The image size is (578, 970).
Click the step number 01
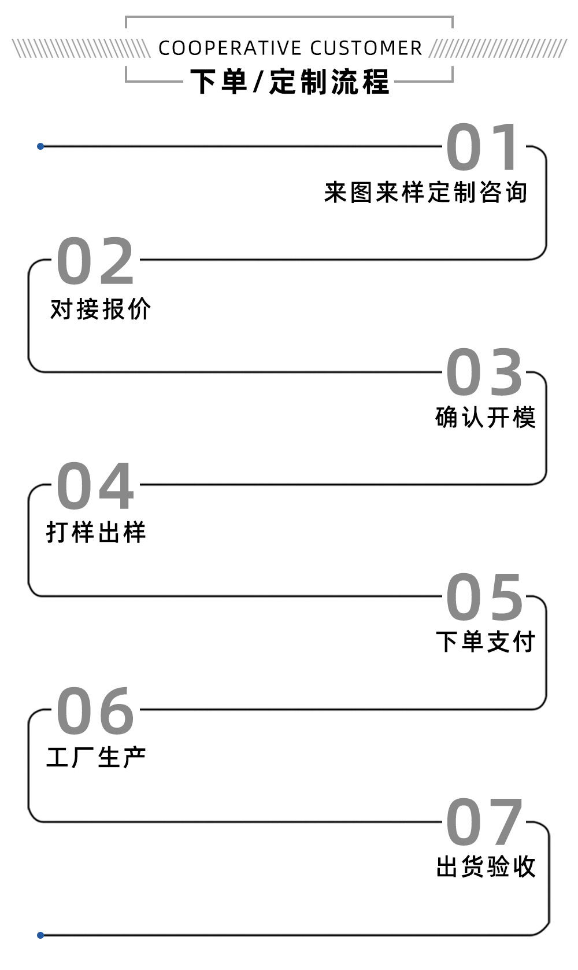point(484,147)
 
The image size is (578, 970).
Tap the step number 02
point(96,261)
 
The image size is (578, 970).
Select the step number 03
point(484,372)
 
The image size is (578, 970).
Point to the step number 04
point(96,486)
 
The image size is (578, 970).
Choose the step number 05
point(484,597)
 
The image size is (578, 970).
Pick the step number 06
point(96,711)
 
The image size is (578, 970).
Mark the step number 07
point(484,822)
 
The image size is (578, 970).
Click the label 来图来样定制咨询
point(426,193)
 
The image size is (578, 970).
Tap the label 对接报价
point(101,309)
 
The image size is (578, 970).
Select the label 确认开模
point(486,418)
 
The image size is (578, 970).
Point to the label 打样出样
point(96,532)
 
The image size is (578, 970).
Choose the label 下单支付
point(486,642)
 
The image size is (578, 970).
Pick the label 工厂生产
point(96,758)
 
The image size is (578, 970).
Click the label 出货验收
point(486,867)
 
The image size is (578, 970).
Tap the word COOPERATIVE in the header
point(230,49)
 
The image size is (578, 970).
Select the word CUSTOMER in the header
point(366,49)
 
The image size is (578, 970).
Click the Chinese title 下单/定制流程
point(290,82)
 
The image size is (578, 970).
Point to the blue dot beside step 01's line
point(40,146)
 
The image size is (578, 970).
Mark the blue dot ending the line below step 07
point(40,935)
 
